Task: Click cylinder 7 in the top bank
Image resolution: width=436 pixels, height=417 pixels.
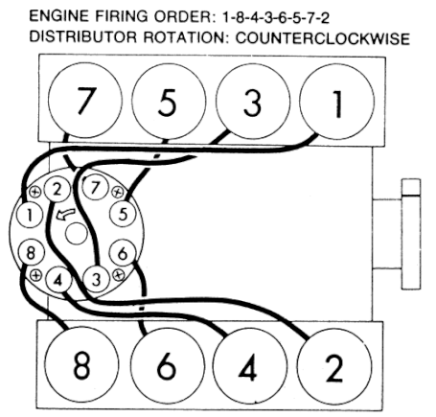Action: click(x=84, y=101)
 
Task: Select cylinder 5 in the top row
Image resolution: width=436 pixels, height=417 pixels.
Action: click(x=169, y=101)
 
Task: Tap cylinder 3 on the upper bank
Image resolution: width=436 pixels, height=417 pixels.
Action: click(x=253, y=102)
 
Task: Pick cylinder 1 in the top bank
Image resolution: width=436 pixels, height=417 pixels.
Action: click(x=337, y=102)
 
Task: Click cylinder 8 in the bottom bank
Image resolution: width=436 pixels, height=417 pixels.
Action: click(x=81, y=365)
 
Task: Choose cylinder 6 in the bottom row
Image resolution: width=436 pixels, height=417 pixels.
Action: click(x=167, y=365)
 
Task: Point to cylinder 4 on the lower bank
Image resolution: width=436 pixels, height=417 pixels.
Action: click(x=250, y=367)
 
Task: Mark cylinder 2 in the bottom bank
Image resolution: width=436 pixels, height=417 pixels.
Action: click(x=334, y=367)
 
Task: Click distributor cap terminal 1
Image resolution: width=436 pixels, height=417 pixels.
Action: click(x=30, y=215)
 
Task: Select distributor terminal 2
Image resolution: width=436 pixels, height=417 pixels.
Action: click(x=57, y=189)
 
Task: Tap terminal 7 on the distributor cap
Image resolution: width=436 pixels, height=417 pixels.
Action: click(x=95, y=187)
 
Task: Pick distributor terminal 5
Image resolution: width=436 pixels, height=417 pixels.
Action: click(x=123, y=214)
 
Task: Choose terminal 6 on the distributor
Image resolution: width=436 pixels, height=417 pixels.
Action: click(x=123, y=253)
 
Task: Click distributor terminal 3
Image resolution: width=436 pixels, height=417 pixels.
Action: click(x=96, y=279)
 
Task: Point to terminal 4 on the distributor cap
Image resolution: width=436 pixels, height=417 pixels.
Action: click(x=58, y=280)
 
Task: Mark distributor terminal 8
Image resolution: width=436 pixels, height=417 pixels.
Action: click(x=31, y=252)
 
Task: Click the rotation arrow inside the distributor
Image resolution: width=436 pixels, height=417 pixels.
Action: click(x=66, y=214)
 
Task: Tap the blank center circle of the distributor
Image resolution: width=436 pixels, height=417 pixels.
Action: click(x=76, y=234)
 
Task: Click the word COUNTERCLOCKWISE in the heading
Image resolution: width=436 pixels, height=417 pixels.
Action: click(x=323, y=38)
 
